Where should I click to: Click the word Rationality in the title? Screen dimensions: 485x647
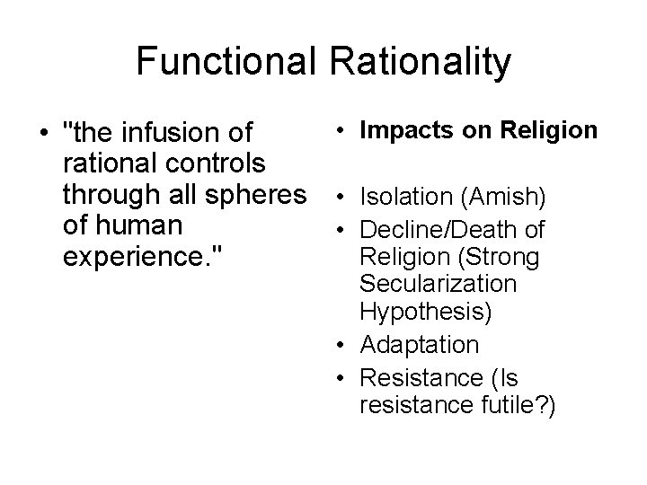(421, 61)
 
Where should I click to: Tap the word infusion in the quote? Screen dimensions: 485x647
(173, 134)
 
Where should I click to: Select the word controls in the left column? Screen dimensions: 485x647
(209, 164)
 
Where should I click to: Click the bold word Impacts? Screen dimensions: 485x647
(403, 130)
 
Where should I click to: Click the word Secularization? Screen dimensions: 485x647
(437, 286)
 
